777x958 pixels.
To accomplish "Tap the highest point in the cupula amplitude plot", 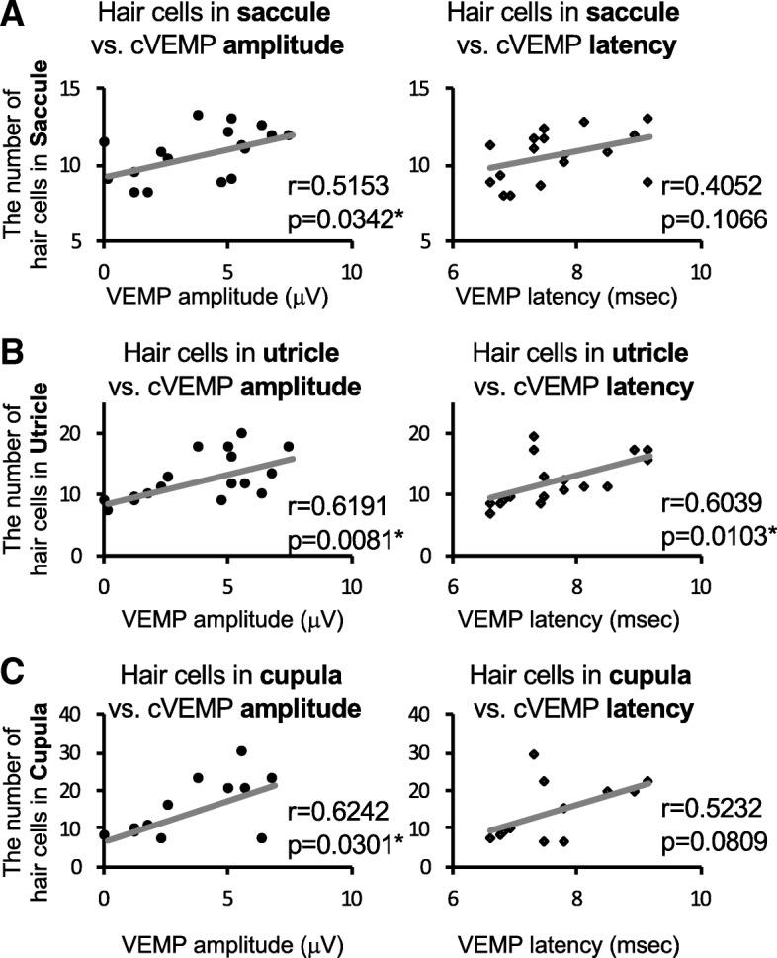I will point(241,751).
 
